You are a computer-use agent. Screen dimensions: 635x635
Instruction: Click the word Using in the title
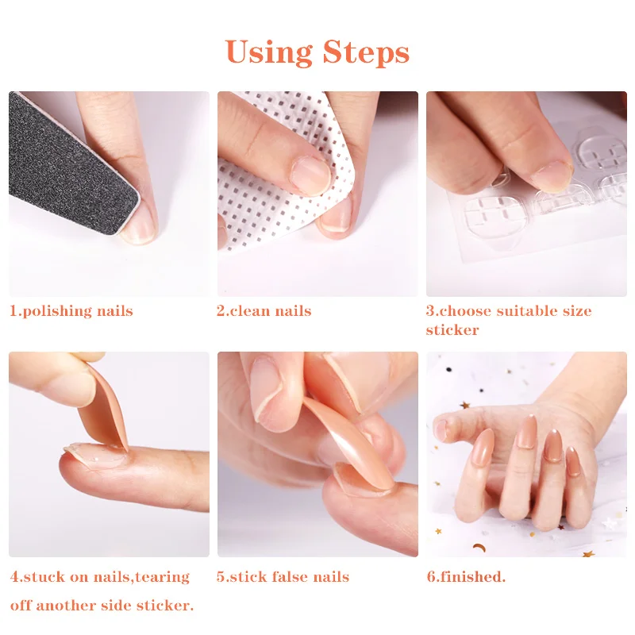pyautogui.click(x=268, y=52)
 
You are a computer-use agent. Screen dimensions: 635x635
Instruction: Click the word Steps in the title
pyautogui.click(x=366, y=52)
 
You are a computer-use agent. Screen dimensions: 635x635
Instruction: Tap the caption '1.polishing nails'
pyautogui.click(x=71, y=311)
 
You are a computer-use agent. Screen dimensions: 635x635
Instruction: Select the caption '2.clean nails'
pyautogui.click(x=264, y=310)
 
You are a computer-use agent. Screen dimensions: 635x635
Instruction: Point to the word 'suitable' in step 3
pyautogui.click(x=526, y=310)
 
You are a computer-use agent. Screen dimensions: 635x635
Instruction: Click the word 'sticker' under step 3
pyautogui.click(x=452, y=329)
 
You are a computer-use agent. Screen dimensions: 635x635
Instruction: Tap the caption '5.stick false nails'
pyautogui.click(x=283, y=576)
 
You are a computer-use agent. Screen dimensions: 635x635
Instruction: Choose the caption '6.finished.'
pyautogui.click(x=466, y=576)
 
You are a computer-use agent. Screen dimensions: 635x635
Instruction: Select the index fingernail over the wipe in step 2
pyautogui.click(x=311, y=176)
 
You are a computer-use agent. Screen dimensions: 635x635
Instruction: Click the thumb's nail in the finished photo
pyautogui.click(x=441, y=430)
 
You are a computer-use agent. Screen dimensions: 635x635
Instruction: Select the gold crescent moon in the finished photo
pyautogui.click(x=479, y=548)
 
